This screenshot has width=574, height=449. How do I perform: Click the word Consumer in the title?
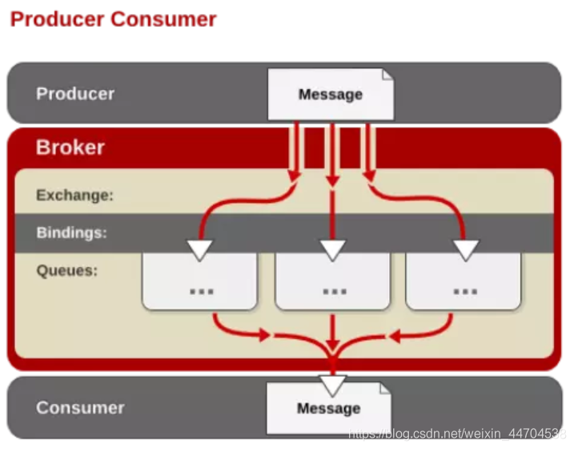[163, 18]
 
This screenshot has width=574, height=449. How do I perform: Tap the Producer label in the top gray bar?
[75, 94]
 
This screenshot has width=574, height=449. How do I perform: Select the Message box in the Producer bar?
[330, 95]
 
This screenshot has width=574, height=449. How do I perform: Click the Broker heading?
[70, 148]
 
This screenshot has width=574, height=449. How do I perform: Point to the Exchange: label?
[75, 195]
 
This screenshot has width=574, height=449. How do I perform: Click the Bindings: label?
[71, 233]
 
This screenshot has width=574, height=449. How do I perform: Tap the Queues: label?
[67, 270]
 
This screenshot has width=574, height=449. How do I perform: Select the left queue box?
[199, 281]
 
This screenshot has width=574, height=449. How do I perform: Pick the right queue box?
[464, 281]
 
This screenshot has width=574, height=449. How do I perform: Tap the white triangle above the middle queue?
[332, 249]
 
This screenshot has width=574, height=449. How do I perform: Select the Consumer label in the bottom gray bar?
[80, 407]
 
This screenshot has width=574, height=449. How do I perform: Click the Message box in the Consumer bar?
[328, 409]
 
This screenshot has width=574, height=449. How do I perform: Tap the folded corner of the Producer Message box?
[387, 76]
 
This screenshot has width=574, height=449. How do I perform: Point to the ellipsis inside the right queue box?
[464, 290]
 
